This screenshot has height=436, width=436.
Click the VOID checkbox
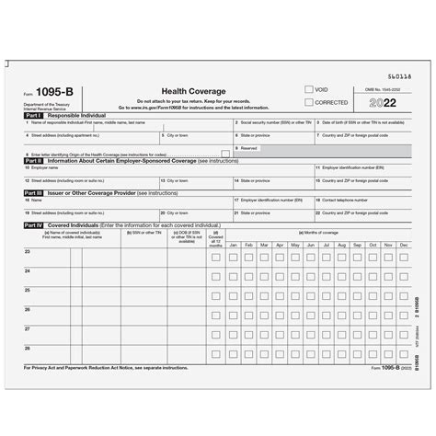click(308, 89)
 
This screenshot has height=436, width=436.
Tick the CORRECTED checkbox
click(308, 102)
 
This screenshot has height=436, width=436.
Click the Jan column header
click(234, 245)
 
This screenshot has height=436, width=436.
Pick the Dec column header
click(404, 245)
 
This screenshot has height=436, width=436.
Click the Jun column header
click(311, 245)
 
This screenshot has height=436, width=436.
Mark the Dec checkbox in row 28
click(404, 351)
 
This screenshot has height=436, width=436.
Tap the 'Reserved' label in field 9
click(248, 147)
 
